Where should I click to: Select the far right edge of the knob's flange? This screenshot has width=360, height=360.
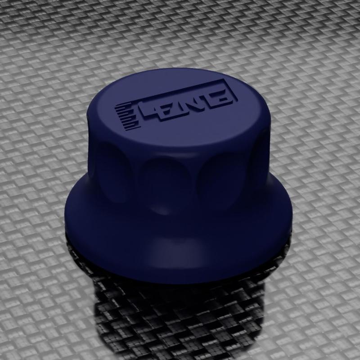tap(291, 211)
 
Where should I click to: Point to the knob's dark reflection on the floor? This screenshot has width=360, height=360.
tap(180, 315)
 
